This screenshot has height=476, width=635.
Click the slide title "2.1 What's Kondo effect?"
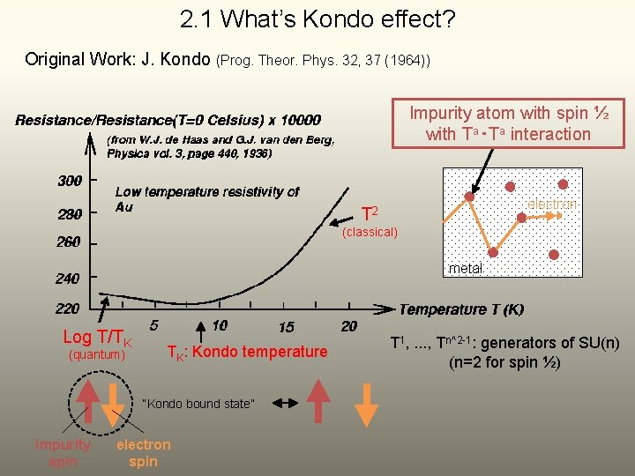[317, 19]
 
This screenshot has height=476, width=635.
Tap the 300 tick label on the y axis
[70, 181]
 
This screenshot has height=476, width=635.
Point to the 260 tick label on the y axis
[68, 242]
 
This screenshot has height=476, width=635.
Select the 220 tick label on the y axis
[68, 309]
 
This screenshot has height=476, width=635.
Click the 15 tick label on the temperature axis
[287, 327]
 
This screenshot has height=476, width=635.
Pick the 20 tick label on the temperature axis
[349, 326]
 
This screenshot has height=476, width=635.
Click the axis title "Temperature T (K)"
[461, 309]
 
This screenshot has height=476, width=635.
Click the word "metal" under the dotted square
[465, 268]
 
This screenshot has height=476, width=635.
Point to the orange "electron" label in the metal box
[551, 205]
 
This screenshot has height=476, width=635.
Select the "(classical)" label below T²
[370, 233]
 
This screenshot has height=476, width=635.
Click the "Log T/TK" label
[97, 338]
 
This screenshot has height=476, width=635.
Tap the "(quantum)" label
[97, 355]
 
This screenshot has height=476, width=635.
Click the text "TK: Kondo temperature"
[247, 353]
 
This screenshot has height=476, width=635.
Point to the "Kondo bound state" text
[198, 404]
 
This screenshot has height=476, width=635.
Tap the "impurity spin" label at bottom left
[63, 453]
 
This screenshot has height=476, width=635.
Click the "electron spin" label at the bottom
[143, 453]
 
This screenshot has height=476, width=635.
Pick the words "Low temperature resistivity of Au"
[206, 198]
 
